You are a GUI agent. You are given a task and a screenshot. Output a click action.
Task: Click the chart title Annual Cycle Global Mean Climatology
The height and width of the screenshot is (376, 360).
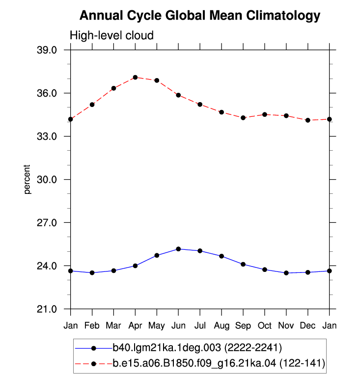[x=200, y=16]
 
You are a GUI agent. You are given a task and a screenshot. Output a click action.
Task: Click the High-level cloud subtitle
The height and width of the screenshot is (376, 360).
[x=111, y=35]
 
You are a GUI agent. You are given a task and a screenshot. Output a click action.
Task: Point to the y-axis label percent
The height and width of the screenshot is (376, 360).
[x=27, y=179]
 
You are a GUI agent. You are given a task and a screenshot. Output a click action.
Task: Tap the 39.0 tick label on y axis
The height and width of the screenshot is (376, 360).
[x=47, y=50]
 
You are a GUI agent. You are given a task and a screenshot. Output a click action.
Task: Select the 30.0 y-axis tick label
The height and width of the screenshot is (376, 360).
[x=47, y=179]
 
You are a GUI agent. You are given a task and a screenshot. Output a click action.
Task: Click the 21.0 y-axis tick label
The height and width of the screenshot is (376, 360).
[x=47, y=309]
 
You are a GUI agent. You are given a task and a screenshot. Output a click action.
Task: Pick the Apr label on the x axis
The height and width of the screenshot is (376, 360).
[x=135, y=325]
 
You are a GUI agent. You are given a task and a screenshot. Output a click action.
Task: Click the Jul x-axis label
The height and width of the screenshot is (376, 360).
[x=200, y=325]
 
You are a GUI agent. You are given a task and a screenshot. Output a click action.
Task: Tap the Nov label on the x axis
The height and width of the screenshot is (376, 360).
[x=286, y=325]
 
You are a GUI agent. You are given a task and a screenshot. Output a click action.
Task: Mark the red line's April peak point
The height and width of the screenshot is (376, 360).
[x=135, y=77]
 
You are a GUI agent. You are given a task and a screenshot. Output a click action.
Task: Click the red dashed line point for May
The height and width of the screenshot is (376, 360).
[x=157, y=81]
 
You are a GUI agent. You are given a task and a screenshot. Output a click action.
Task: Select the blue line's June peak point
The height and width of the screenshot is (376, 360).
[x=178, y=249]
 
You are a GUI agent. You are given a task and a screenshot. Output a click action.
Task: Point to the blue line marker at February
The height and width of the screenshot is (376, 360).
[x=92, y=272]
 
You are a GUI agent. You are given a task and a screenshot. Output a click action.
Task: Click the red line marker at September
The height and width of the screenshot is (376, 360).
[x=243, y=118]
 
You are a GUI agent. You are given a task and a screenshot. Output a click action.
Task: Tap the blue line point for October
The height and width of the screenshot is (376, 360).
[x=265, y=269]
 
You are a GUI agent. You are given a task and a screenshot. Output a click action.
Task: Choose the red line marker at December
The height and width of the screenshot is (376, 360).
[x=307, y=120]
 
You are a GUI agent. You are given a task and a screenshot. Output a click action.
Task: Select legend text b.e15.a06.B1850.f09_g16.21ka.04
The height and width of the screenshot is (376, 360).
[x=194, y=363]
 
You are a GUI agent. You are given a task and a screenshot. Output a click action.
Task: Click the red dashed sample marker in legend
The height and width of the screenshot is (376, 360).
[x=94, y=364]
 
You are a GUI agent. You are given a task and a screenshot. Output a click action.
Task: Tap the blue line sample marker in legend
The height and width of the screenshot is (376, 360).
[x=94, y=348]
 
